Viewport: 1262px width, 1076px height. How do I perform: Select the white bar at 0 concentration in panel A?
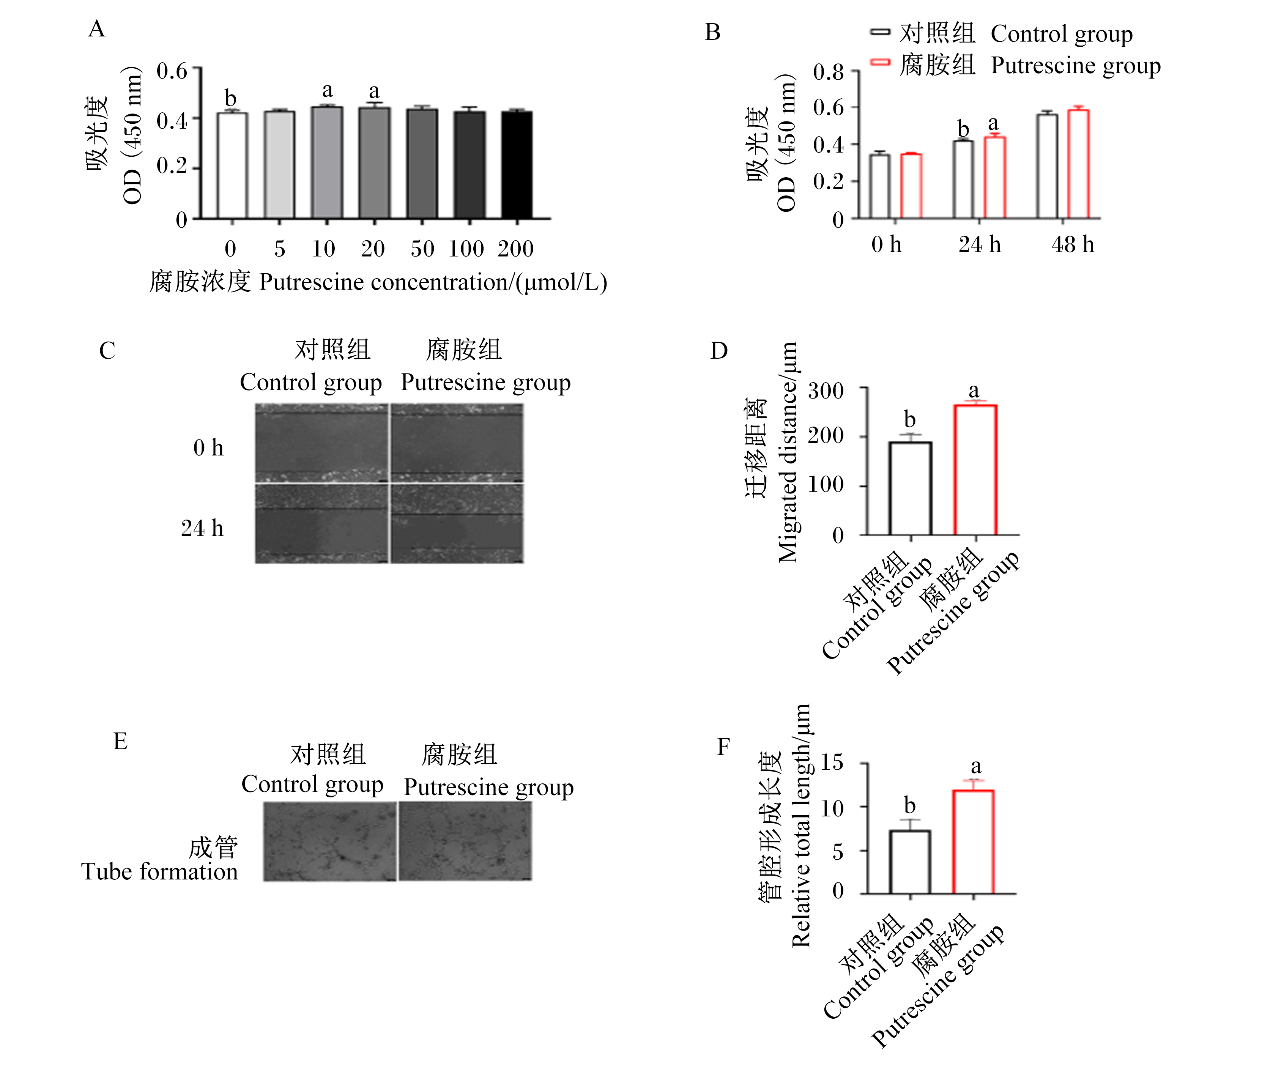coord(232,165)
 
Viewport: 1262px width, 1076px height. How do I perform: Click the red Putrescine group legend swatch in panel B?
coord(880,63)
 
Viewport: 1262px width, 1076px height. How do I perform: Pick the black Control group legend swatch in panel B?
coord(880,32)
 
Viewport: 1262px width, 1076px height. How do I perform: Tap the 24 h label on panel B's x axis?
coord(979,244)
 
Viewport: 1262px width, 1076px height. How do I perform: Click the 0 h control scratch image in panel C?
coord(321,443)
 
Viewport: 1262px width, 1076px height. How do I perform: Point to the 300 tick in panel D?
coord(826,390)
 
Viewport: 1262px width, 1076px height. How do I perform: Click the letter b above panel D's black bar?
coord(910,419)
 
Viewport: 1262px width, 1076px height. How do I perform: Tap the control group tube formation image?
coord(329,841)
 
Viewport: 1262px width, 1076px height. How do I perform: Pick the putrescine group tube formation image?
coord(465,841)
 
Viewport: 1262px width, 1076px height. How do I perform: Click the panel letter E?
coord(121,741)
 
